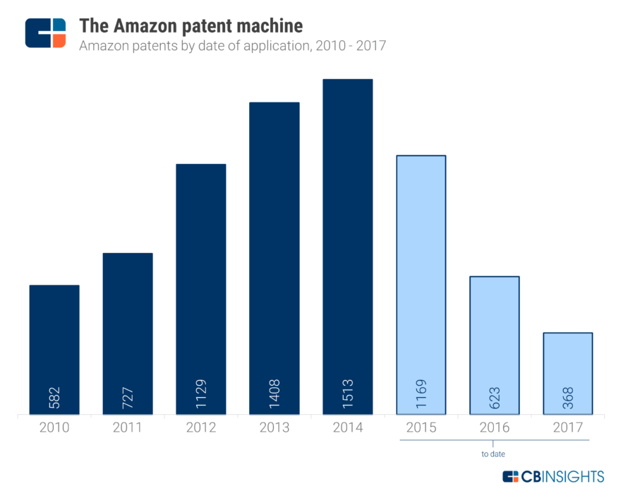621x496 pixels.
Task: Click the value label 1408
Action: tap(275, 396)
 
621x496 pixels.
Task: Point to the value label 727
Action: tap(128, 399)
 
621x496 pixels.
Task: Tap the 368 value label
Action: tap(568, 399)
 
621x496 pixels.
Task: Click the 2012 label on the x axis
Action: tap(201, 428)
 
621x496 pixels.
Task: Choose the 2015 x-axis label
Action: tap(421, 428)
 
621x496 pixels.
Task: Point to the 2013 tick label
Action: tap(275, 428)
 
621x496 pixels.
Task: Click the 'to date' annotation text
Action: tap(493, 454)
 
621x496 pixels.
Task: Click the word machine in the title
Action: tap(271, 26)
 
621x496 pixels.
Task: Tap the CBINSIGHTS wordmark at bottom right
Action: tap(562, 477)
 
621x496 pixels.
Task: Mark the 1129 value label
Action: tap(201, 396)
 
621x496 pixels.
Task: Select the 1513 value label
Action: tap(348, 396)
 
